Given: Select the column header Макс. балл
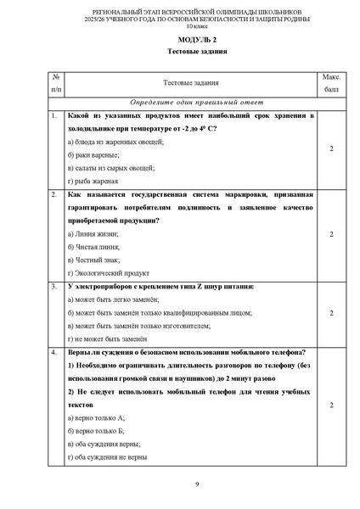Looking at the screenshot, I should coord(331,82).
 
